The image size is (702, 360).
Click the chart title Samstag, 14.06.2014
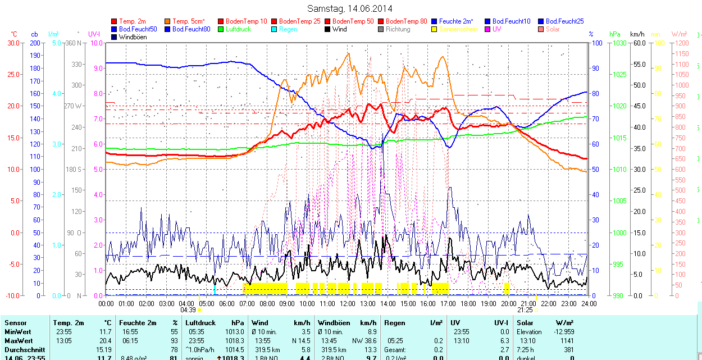(350, 8)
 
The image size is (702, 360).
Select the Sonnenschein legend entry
(458, 29)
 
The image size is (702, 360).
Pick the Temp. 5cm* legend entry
(188, 21)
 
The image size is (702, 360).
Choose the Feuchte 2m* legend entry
(457, 21)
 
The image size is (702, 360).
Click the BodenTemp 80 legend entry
(406, 21)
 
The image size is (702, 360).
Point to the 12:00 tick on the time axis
(347, 304)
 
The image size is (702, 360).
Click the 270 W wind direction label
(74, 106)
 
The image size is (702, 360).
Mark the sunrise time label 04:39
(188, 310)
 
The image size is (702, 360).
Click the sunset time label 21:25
(525, 310)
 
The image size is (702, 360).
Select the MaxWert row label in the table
(19, 341)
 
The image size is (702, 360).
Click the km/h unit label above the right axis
(637, 34)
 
